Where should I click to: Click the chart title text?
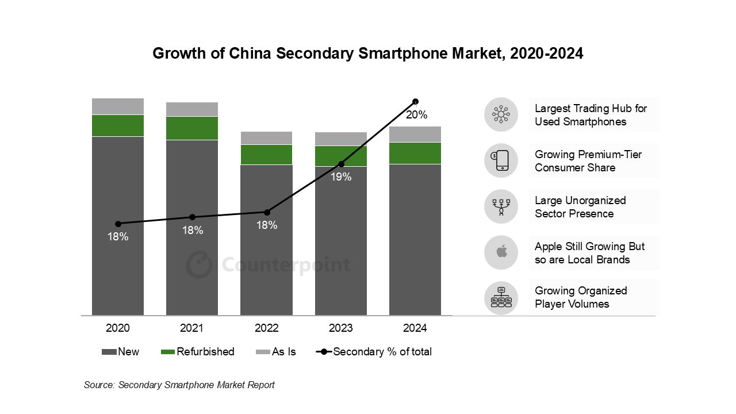[x=367, y=53]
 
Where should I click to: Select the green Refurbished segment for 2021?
[x=192, y=128]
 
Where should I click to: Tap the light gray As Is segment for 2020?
[x=118, y=106]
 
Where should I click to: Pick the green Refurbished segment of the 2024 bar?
[x=415, y=153]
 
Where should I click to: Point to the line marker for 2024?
[x=415, y=102]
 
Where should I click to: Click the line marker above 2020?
[x=118, y=224]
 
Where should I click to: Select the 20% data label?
[x=416, y=115]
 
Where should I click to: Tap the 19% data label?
[x=341, y=177]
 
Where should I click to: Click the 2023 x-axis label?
[x=341, y=328]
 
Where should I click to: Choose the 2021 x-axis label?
[x=192, y=328]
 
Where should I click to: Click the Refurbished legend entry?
[x=198, y=352]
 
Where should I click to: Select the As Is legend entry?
[x=276, y=352]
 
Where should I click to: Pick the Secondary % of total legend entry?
[x=374, y=352]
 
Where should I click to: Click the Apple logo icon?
[x=501, y=252]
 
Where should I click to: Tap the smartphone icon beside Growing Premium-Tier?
[x=501, y=160]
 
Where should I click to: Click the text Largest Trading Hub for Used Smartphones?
[x=591, y=115]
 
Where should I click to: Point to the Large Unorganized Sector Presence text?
[x=580, y=207]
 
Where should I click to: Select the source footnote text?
[x=179, y=385]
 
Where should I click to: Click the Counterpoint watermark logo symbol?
[x=199, y=264]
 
